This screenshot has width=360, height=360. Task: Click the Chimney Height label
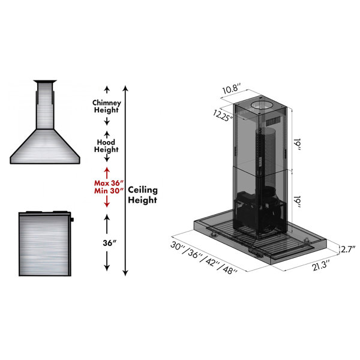click(x=107, y=106)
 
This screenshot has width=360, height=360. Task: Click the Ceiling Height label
click(x=143, y=194)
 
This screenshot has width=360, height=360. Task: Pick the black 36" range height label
click(x=107, y=244)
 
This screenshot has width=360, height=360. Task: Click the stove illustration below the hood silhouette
click(x=45, y=244)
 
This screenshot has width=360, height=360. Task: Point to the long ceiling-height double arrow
click(x=125, y=180)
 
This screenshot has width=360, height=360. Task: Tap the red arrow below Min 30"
click(x=107, y=202)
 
